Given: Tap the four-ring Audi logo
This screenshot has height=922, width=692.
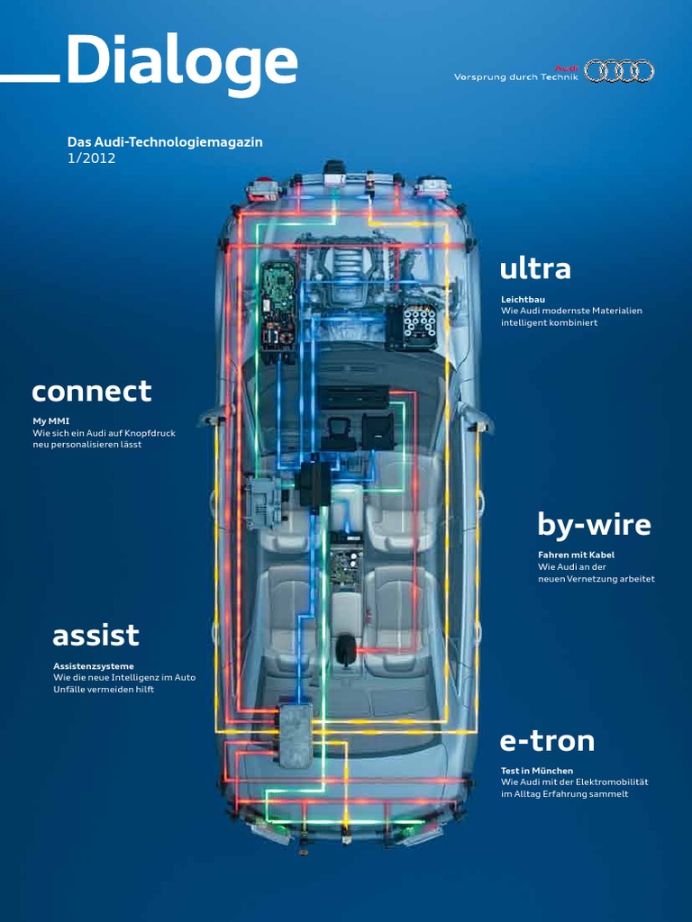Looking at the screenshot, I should pyautogui.click(x=619, y=71).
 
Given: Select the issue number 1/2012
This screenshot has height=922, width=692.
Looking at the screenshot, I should pyautogui.click(x=92, y=158).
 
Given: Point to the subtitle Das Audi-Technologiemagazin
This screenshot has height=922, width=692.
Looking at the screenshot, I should pyautogui.click(x=165, y=142).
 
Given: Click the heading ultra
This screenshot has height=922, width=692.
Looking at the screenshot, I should pyautogui.click(x=535, y=268).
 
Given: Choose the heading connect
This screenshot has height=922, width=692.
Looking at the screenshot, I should pyautogui.click(x=91, y=392).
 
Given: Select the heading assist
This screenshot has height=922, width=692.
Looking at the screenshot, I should pyautogui.click(x=96, y=636).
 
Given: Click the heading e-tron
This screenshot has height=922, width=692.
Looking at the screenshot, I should pyautogui.click(x=547, y=741).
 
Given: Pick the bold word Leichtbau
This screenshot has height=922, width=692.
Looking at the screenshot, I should pyautogui.click(x=523, y=299).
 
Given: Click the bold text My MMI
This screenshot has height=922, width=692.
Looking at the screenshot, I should pyautogui.click(x=50, y=420).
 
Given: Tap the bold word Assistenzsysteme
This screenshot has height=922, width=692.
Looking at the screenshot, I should pyautogui.click(x=94, y=665).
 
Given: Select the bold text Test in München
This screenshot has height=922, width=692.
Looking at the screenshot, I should pyautogui.click(x=537, y=771).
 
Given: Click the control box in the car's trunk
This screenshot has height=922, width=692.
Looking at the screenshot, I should pyautogui.click(x=295, y=734).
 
